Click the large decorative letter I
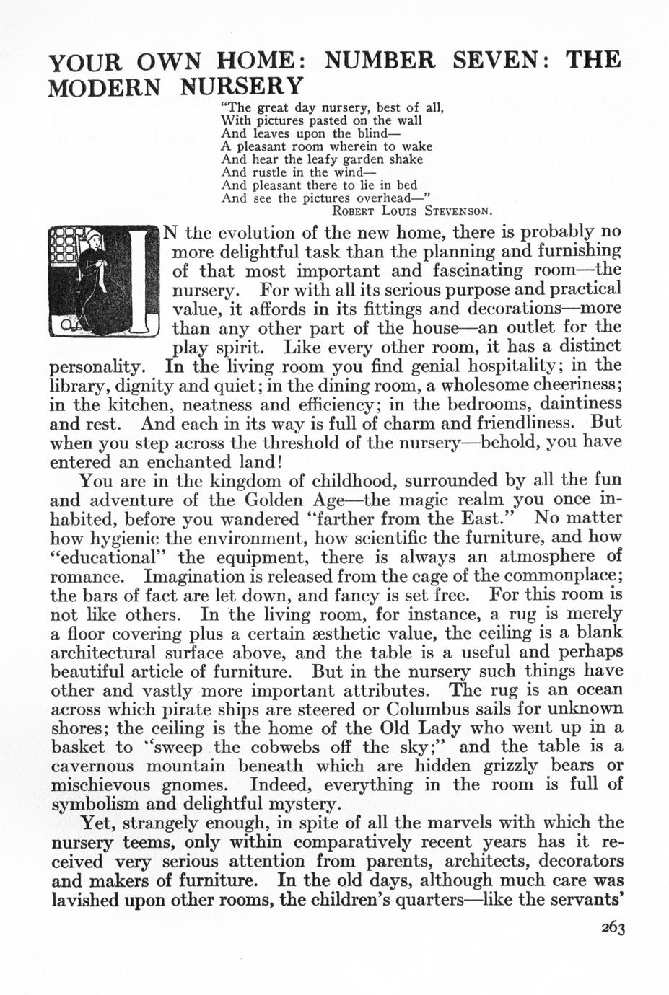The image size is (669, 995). pos(141,281)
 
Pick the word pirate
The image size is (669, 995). pos(189,709)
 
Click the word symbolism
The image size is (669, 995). pos(99,804)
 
